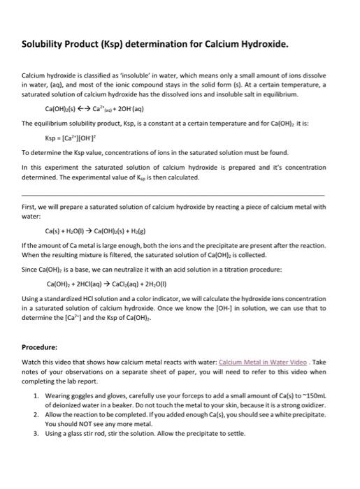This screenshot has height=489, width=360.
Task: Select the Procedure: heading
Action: pos(41,346)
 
